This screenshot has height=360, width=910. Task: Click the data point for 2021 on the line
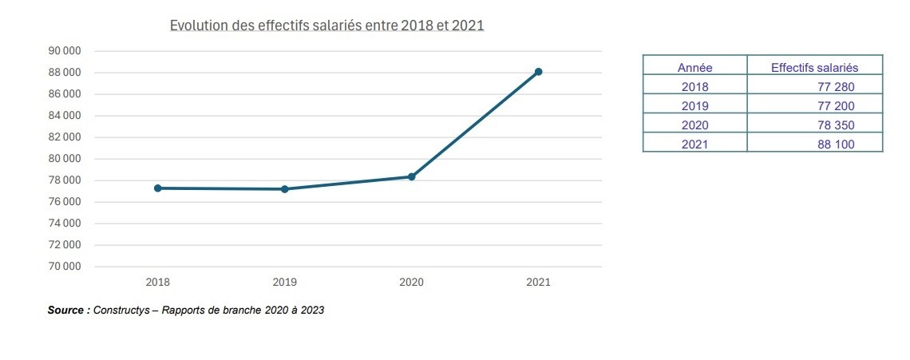coord(538,72)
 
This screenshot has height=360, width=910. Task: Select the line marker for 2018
coord(158,188)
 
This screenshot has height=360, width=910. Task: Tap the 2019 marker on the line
coord(285,189)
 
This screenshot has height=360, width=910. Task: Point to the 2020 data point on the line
coord(412,176)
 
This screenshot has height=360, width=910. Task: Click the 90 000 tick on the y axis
coord(65,51)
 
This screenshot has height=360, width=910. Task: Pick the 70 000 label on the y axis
coord(65,267)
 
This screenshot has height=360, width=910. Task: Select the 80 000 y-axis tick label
coord(65,159)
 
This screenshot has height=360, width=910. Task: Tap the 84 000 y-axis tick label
coord(65,116)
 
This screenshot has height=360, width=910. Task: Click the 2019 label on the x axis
coord(285,283)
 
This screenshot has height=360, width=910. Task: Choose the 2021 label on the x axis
coord(538,283)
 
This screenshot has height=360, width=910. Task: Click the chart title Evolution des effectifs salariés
coord(327,26)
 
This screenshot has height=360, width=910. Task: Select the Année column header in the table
coord(694,68)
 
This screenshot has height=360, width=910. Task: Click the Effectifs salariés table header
coord(814,68)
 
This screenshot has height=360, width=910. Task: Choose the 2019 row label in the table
coord(694,106)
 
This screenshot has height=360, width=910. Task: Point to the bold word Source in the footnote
coord(66,311)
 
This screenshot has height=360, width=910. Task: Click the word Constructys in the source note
coord(124,311)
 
